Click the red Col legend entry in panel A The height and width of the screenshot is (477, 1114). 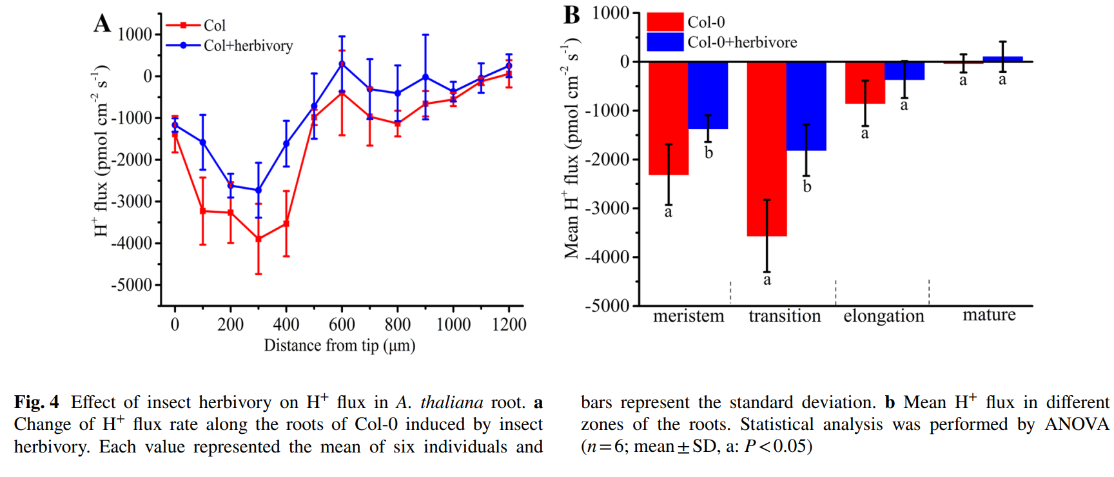[x=196, y=25]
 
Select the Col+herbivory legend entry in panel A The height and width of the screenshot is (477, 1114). [x=229, y=46]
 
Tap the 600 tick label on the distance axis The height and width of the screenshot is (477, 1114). [x=342, y=324]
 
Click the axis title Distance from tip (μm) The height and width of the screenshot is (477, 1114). [x=339, y=346]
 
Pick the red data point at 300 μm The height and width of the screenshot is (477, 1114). [x=259, y=239]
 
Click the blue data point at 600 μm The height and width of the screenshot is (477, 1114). [x=342, y=64]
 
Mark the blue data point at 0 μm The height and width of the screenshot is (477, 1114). [x=175, y=125]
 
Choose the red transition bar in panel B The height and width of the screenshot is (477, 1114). [x=767, y=149]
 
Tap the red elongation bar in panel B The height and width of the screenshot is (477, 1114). [x=865, y=83]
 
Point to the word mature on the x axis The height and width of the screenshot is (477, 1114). [x=989, y=315]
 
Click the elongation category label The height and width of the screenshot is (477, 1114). [x=884, y=316]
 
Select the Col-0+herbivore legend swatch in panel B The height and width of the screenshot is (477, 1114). [x=665, y=43]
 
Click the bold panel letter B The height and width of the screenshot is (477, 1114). [x=572, y=15]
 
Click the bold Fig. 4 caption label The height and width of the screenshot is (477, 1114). [x=37, y=403]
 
